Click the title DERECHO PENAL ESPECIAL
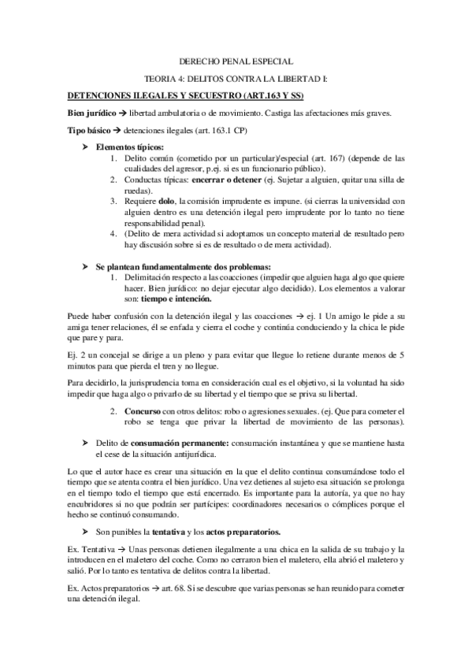click(236, 61)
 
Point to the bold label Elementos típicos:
click(130, 147)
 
